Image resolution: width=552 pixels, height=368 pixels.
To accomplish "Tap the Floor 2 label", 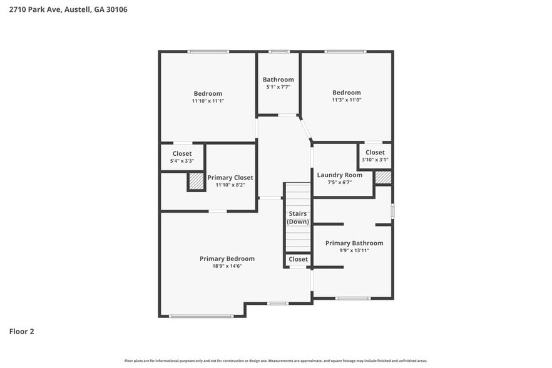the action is (21, 331).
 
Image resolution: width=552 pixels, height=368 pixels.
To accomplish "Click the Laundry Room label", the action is (339, 175).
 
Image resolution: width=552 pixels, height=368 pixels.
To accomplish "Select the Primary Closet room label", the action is (230, 178).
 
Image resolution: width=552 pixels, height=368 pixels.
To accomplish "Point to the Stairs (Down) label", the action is (298, 218).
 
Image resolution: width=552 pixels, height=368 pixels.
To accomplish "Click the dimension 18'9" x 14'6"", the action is (227, 266).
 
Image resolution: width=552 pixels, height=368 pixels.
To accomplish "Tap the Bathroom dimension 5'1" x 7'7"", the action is (278, 87).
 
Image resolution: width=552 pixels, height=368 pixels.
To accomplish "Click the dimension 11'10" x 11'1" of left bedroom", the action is (208, 101).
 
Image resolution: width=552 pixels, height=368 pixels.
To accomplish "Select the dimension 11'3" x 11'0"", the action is (346, 100).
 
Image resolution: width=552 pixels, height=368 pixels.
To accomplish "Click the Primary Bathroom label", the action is (354, 243).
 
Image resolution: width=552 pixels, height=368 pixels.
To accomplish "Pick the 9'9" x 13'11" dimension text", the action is (354, 250).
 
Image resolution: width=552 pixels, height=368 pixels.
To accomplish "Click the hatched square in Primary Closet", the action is (196, 181).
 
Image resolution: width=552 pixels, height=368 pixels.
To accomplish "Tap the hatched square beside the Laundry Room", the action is (383, 177).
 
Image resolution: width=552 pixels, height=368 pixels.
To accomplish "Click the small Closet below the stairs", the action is (298, 259).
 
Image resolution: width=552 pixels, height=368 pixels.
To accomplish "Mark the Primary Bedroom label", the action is (227, 258).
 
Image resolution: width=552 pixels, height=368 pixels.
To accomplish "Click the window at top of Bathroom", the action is (279, 51).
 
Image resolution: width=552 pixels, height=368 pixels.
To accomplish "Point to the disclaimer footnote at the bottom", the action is (275, 360).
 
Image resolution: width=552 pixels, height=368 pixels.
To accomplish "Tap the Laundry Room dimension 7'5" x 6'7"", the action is (339, 183).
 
